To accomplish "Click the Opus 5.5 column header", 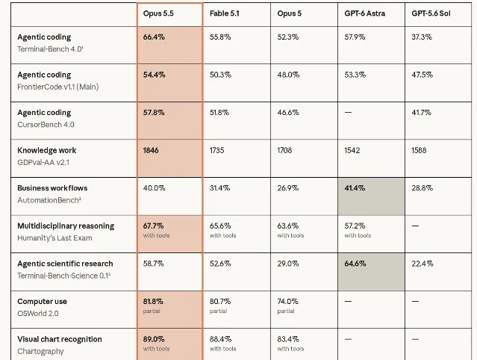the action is point(158,13).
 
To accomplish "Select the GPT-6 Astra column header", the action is point(365,13).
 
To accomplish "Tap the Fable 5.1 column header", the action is point(225,13).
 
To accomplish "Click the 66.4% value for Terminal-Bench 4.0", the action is point(154,37).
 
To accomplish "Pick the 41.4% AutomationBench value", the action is point(355,188).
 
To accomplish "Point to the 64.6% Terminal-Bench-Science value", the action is point(355,264).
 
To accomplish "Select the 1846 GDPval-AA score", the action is point(151,150).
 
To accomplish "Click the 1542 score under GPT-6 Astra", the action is point(352,150).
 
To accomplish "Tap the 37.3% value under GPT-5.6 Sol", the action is point(422,37).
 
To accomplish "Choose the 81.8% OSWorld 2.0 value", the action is point(153,301).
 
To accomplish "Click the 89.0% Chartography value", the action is point(154,339).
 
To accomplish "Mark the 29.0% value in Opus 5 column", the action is point(288,264).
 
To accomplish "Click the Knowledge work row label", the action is point(47,150).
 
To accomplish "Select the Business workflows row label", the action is point(52,188).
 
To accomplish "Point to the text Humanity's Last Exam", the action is point(54,238).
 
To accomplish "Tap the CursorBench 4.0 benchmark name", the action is point(46,125).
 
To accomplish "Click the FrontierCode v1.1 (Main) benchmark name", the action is point(58,87).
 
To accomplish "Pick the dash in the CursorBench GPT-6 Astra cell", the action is point(348,112).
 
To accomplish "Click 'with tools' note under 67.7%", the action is point(156,235).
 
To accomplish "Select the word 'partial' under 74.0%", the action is point(286,311).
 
